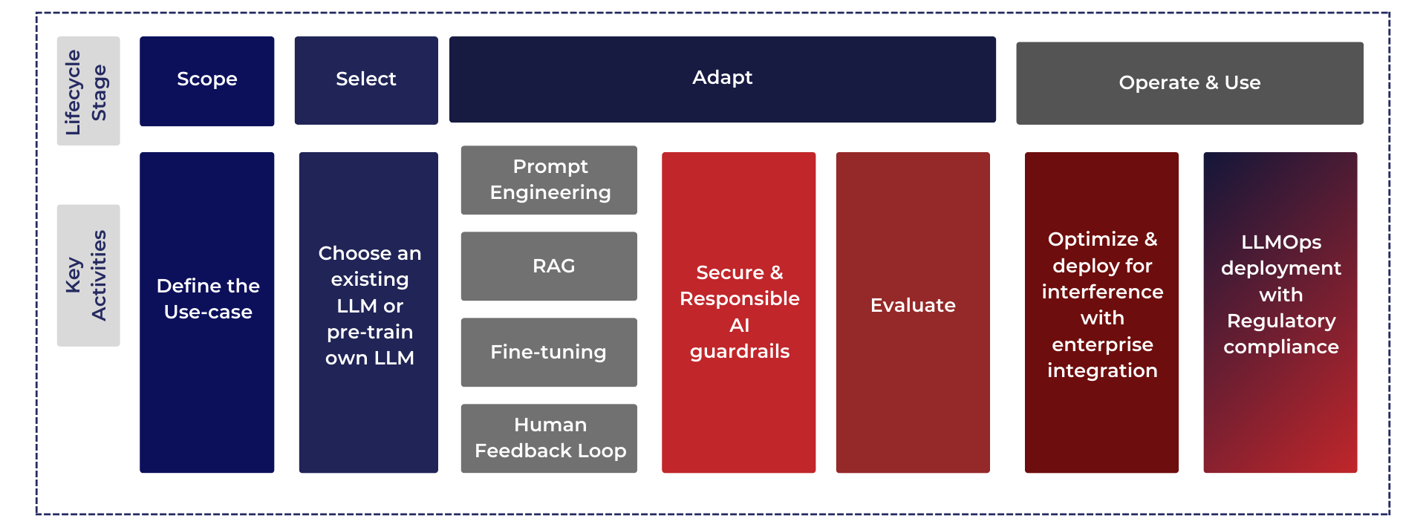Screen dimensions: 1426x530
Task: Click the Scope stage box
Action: [206, 81]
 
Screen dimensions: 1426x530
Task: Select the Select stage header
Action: [366, 80]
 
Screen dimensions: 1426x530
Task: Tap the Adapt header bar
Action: [722, 79]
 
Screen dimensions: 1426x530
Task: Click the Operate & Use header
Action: [1189, 83]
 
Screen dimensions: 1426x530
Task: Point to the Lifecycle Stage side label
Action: [88, 91]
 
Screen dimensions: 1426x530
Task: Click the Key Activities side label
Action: [88, 275]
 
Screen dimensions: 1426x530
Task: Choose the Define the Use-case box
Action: [206, 313]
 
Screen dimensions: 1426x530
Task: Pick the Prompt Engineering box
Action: [549, 180]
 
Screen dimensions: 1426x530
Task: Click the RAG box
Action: [549, 266]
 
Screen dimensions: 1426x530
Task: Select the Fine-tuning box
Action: [549, 353]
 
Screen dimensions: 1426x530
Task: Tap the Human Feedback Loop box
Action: [549, 439]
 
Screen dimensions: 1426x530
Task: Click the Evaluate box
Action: [913, 313]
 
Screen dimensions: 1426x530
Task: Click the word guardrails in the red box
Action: [740, 352]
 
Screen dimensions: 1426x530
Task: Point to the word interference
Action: [1102, 292]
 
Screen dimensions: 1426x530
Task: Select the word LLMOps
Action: [1281, 243]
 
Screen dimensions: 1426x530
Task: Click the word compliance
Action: [1281, 347]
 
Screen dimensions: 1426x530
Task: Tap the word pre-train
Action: [370, 332]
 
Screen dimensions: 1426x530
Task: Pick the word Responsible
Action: [740, 298]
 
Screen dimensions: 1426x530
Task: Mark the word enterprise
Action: [1102, 345]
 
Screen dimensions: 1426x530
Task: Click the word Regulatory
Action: [1281, 321]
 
